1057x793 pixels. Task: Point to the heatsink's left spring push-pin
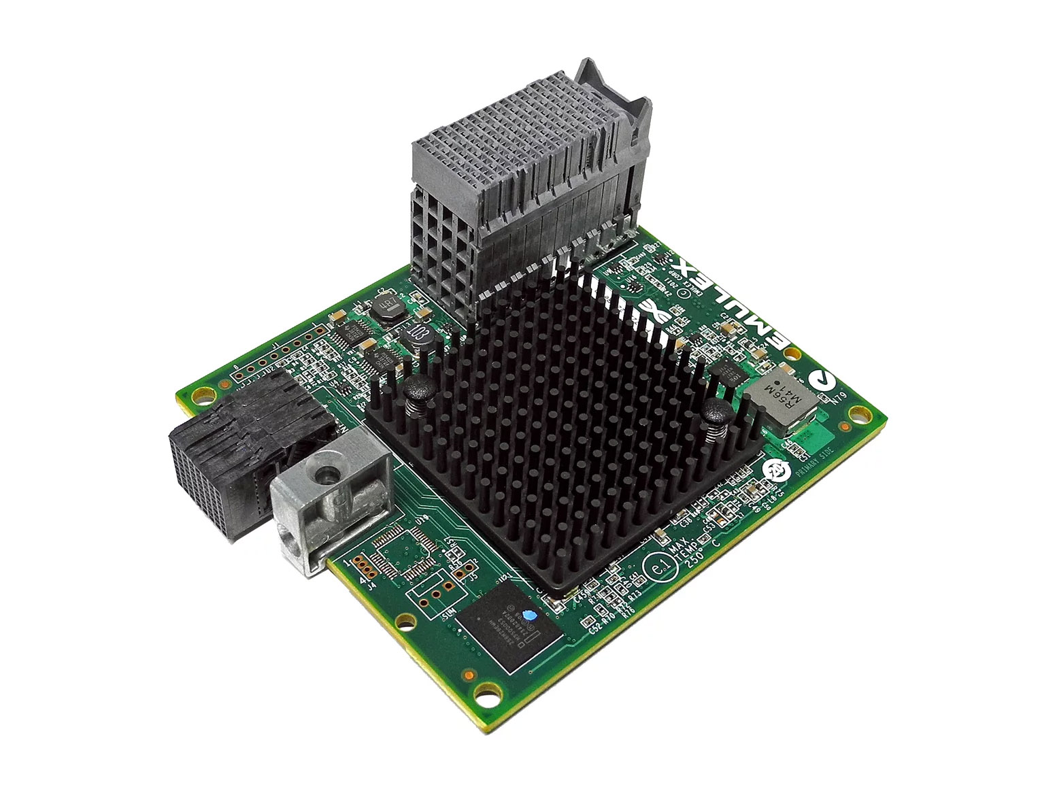[415, 392]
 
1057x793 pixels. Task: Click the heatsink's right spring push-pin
[715, 412]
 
